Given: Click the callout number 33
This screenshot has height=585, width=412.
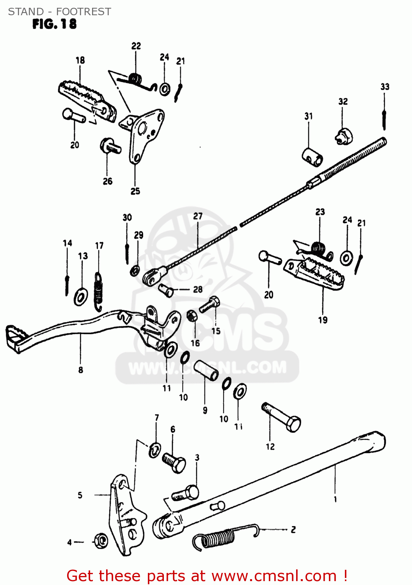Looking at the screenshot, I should coord(385,87).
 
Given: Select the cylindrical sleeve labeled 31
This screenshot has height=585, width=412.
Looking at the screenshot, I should coord(313,156).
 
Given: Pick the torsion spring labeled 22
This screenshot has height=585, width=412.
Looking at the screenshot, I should coord(134,80).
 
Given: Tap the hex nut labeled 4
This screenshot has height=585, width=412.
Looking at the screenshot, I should coord(100,541).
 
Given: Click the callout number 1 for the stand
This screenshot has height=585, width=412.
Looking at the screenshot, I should coord(335,499).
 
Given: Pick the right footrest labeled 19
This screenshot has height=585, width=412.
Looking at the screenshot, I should coord(316,273).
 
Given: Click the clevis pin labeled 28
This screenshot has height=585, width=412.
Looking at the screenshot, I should coord(167,290).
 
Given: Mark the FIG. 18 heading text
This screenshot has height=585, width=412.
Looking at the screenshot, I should coord(54,24).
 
